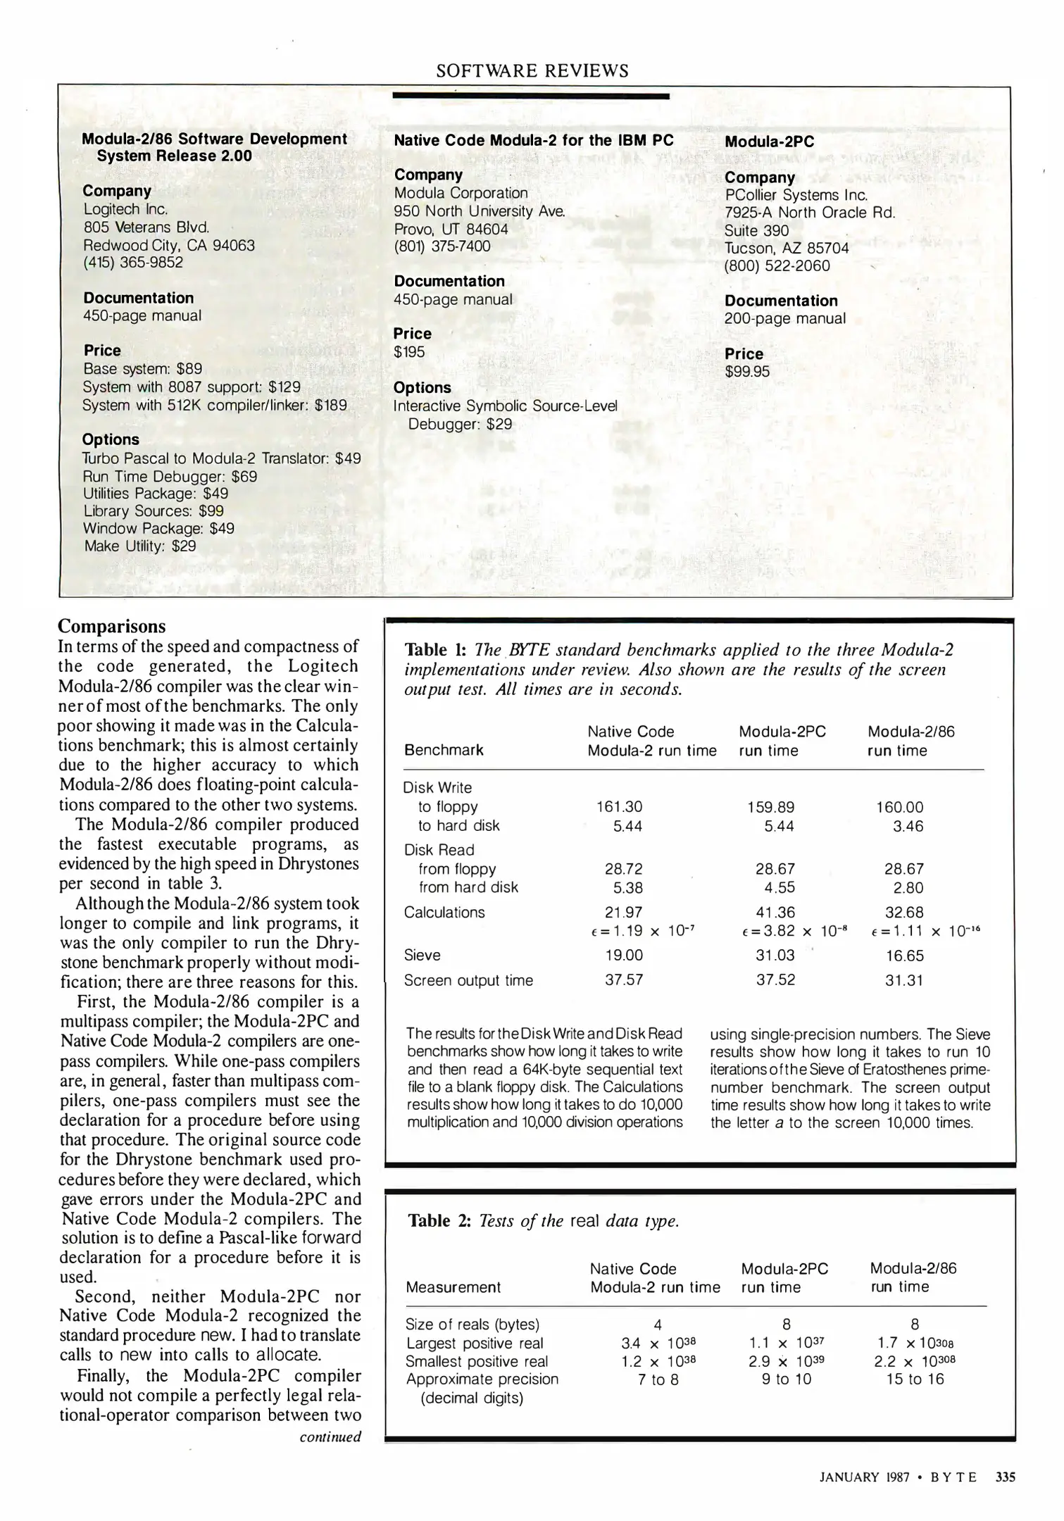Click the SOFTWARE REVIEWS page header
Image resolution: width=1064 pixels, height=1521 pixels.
(x=532, y=71)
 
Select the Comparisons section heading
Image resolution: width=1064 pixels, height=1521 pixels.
(x=112, y=626)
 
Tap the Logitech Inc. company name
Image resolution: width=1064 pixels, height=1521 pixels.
(x=125, y=209)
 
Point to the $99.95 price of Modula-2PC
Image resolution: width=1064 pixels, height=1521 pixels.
(x=747, y=371)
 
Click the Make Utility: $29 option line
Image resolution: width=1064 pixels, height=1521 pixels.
(x=140, y=546)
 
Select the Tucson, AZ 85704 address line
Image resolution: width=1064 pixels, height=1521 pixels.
(x=787, y=248)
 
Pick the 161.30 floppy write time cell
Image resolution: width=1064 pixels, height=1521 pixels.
(x=619, y=807)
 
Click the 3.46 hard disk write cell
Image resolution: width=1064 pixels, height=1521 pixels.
(x=908, y=826)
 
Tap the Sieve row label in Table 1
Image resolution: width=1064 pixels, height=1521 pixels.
(x=423, y=955)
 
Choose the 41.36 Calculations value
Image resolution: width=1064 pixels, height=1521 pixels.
(x=775, y=912)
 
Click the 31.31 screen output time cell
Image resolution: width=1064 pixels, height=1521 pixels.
(x=904, y=980)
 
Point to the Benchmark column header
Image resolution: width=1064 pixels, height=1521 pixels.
(x=444, y=750)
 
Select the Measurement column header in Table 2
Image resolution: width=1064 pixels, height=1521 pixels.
(x=453, y=1287)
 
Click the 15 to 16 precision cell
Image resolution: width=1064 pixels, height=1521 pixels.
(x=915, y=1379)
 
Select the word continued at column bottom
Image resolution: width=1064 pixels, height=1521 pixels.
(x=330, y=1436)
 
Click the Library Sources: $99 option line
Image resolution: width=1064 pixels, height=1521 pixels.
(x=154, y=511)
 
